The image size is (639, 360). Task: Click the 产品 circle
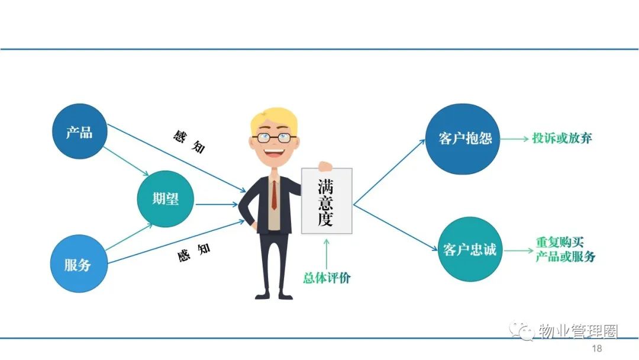pyautogui.click(x=80, y=131)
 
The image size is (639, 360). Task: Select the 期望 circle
pyautogui.click(x=165, y=199)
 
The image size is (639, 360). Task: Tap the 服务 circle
pyautogui.click(x=79, y=263)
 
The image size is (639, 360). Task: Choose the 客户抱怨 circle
pyautogui.click(x=463, y=139)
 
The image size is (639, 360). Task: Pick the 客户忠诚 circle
pyautogui.click(x=470, y=249)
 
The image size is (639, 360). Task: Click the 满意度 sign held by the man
pyautogui.click(x=327, y=201)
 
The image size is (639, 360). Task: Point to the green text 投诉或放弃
pyautogui.click(x=561, y=138)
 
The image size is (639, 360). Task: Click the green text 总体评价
pyautogui.click(x=327, y=278)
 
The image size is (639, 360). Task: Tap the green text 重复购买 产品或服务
pyautogui.click(x=565, y=249)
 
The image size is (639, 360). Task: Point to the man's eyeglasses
pyautogui.click(x=274, y=138)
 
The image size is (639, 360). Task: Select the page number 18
pyautogui.click(x=596, y=348)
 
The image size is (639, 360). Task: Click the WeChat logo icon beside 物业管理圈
pyautogui.click(x=521, y=330)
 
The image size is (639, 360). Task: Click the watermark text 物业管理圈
pyautogui.click(x=578, y=331)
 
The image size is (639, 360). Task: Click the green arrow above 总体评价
pyautogui.click(x=326, y=253)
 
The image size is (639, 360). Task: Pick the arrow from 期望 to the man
pyautogui.click(x=217, y=204)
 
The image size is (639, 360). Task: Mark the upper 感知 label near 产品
pyautogui.click(x=189, y=141)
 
